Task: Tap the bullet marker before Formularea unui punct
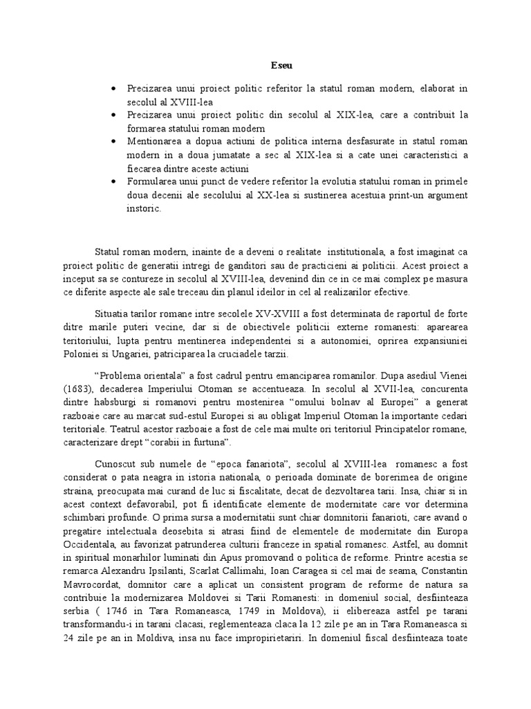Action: (113, 181)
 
